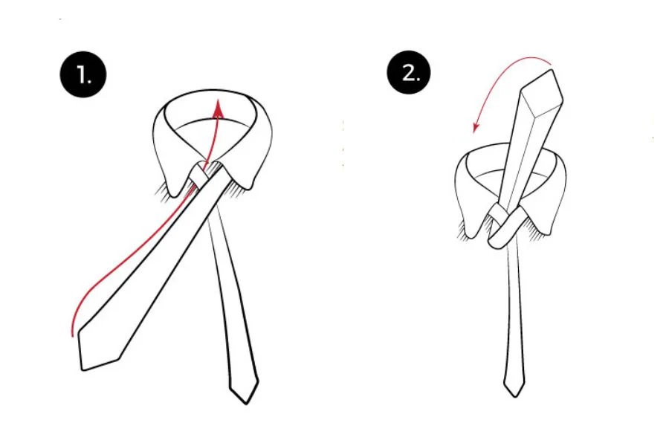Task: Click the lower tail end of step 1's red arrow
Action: click(72, 334)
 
